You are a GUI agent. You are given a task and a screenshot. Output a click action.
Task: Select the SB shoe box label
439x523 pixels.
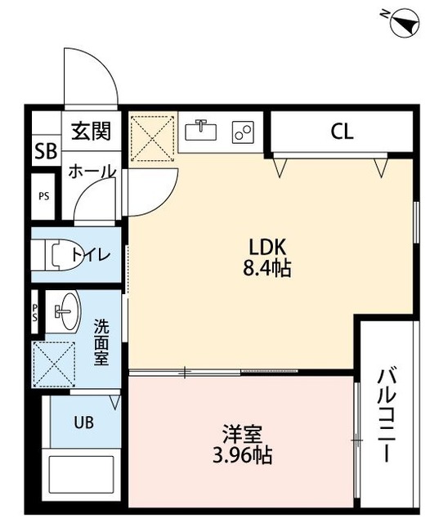(44, 152)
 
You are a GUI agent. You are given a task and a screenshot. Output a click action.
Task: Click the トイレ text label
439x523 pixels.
(91, 254)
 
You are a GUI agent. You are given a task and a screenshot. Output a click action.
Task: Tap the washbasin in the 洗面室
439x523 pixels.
(62, 311)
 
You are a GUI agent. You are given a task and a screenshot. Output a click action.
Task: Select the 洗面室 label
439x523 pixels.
(102, 341)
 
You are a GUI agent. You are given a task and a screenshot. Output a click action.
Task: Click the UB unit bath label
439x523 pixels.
(84, 422)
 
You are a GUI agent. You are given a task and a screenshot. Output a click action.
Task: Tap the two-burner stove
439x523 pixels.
(244, 131)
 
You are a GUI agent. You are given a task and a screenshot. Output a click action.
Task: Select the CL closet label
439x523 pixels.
(343, 131)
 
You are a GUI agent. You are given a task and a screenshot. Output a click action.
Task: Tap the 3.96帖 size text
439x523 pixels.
(240, 454)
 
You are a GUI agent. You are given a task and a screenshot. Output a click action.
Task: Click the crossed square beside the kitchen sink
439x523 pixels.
(152, 136)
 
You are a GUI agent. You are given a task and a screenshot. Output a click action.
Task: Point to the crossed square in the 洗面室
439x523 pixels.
(53, 365)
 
